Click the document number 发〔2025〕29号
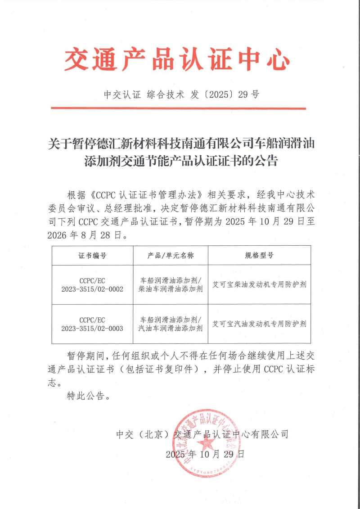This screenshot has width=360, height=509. pyautogui.click(x=225, y=95)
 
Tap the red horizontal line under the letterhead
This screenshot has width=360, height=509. pyautogui.click(x=178, y=108)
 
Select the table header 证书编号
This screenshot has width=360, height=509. pyautogui.click(x=92, y=256)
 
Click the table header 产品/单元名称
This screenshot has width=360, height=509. pyautogui.click(x=171, y=256)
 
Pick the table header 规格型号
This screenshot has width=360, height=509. pyautogui.click(x=259, y=256)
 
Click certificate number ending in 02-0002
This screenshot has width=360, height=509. pyautogui.click(x=92, y=285)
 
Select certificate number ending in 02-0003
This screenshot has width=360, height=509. pyautogui.click(x=92, y=324)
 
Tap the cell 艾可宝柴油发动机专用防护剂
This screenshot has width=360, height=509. pyautogui.click(x=259, y=285)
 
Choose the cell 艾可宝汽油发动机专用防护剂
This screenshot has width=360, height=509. pyautogui.click(x=259, y=324)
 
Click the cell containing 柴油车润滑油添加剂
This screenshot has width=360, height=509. pyautogui.click(x=171, y=289)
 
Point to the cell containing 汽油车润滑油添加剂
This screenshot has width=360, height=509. pyautogui.click(x=171, y=328)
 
